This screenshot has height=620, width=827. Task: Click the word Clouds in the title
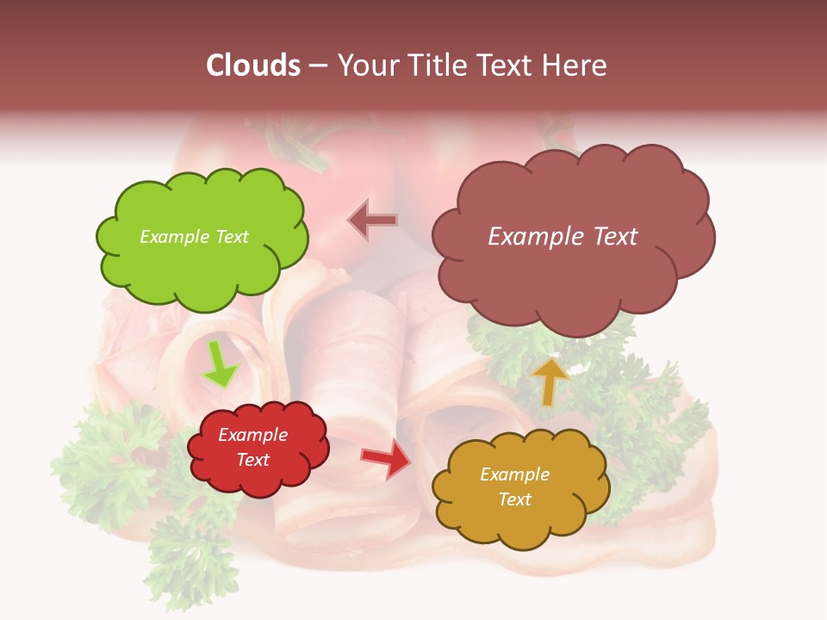click(x=253, y=65)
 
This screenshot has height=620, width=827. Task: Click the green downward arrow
click(x=219, y=365)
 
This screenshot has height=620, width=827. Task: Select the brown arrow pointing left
click(x=372, y=221)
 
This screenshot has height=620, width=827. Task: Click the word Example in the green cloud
click(x=171, y=237)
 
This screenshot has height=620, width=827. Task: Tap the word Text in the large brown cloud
click(x=608, y=237)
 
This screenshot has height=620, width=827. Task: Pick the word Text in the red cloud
click(x=253, y=460)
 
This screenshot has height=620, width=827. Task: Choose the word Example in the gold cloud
click(x=514, y=474)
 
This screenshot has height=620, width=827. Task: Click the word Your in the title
click(x=363, y=65)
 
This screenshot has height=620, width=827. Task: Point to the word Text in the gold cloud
click(x=514, y=499)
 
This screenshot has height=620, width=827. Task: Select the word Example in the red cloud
click(x=253, y=435)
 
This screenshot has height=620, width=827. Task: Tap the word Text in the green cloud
click(x=231, y=237)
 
